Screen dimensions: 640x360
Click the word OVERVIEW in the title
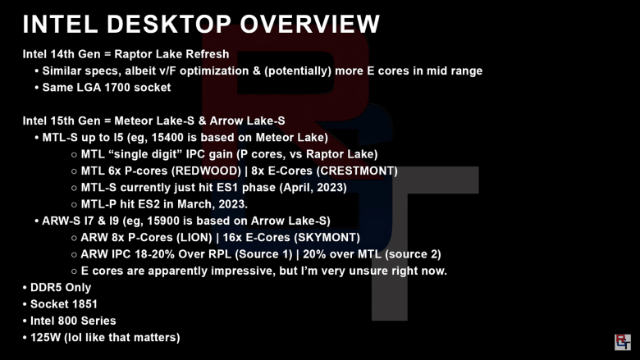(x=310, y=24)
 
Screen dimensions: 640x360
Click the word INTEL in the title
(x=60, y=24)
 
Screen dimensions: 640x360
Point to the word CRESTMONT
(x=357, y=171)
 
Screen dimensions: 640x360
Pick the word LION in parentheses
(x=194, y=237)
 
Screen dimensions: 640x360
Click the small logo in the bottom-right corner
(x=623, y=342)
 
